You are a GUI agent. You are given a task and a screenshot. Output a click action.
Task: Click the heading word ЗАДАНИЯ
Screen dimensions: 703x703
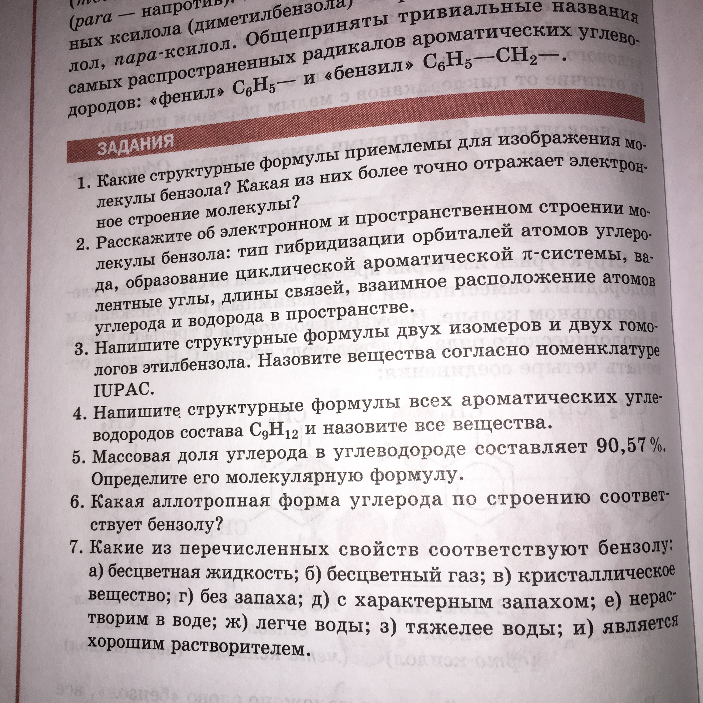(135, 144)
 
